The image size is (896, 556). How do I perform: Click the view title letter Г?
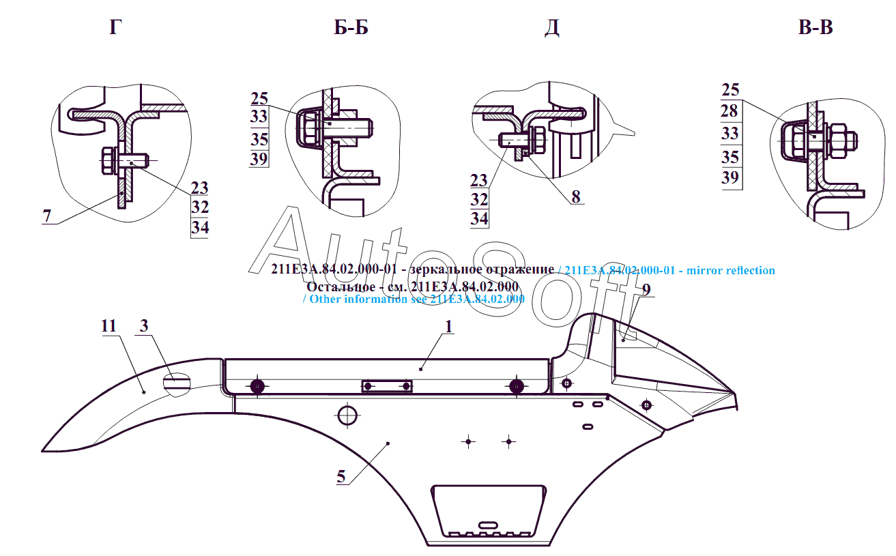pos(115,28)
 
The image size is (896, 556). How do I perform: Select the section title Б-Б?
pos(351,28)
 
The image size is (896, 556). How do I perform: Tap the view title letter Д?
pos(552,28)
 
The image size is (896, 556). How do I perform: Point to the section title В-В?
pos(815,28)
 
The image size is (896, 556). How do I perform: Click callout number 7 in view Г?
pos(46,216)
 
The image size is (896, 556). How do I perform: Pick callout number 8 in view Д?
pos(576,197)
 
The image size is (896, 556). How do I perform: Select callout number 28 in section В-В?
pos(729,111)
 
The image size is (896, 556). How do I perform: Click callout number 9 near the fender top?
pos(646,289)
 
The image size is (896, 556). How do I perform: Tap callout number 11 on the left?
pos(109,326)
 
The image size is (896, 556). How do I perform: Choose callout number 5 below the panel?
pos(341,477)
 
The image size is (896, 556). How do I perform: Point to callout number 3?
pos(144,326)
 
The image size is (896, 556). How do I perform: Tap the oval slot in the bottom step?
pos(489,524)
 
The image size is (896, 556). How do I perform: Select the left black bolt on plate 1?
pos(257,387)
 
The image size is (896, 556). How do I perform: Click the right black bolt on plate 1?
pos(516,387)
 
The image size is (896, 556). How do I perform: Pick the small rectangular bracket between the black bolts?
pos(387,387)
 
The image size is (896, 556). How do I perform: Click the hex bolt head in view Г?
pos(108,162)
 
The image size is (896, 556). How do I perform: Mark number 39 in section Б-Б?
pos(259,159)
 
